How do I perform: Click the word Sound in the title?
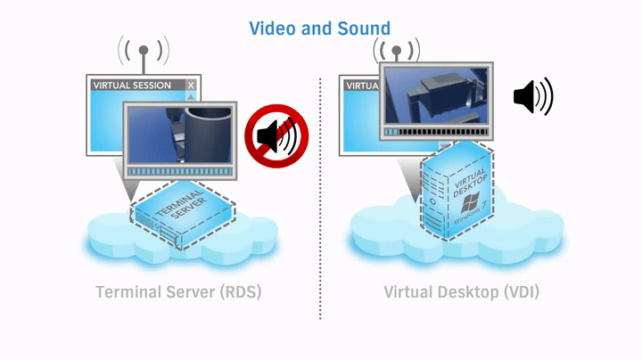(x=363, y=29)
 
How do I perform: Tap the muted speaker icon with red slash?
(x=276, y=135)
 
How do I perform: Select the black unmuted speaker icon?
(x=532, y=96)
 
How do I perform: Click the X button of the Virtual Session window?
(x=190, y=86)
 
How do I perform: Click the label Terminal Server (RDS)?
(x=177, y=291)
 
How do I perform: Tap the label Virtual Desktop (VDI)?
(x=461, y=291)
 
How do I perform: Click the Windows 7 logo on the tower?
(x=472, y=215)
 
